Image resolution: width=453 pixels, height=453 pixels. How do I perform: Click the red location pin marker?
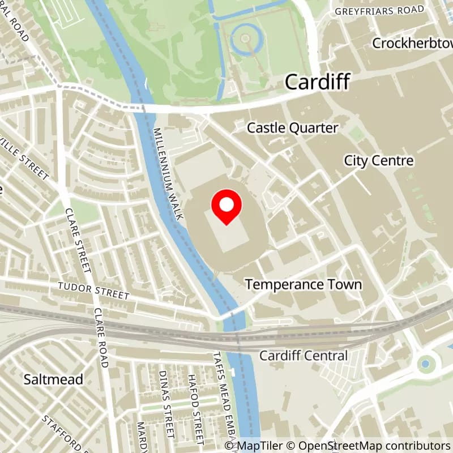(x=226, y=207)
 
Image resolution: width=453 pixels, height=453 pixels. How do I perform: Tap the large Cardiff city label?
(x=317, y=82)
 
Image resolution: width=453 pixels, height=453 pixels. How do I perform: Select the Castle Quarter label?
(x=292, y=129)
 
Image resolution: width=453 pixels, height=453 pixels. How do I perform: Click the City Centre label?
(x=379, y=161)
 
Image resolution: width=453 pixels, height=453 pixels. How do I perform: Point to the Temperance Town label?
(x=303, y=284)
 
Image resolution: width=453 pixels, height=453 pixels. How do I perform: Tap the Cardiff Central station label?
(x=303, y=356)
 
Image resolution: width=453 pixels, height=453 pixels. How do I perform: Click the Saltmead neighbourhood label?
(x=53, y=379)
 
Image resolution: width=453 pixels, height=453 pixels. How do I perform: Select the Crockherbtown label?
(x=412, y=43)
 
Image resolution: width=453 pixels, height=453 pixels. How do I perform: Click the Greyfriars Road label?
(x=379, y=10)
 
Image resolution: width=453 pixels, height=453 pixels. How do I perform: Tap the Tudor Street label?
(x=93, y=291)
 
